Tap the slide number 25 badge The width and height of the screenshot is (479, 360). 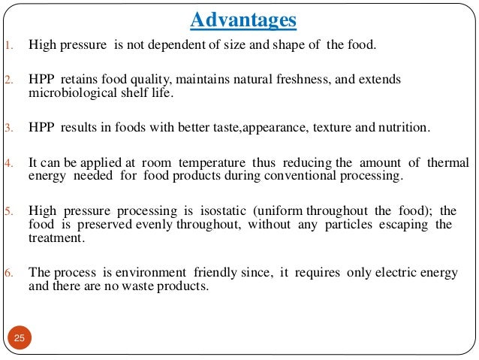[20, 338]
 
